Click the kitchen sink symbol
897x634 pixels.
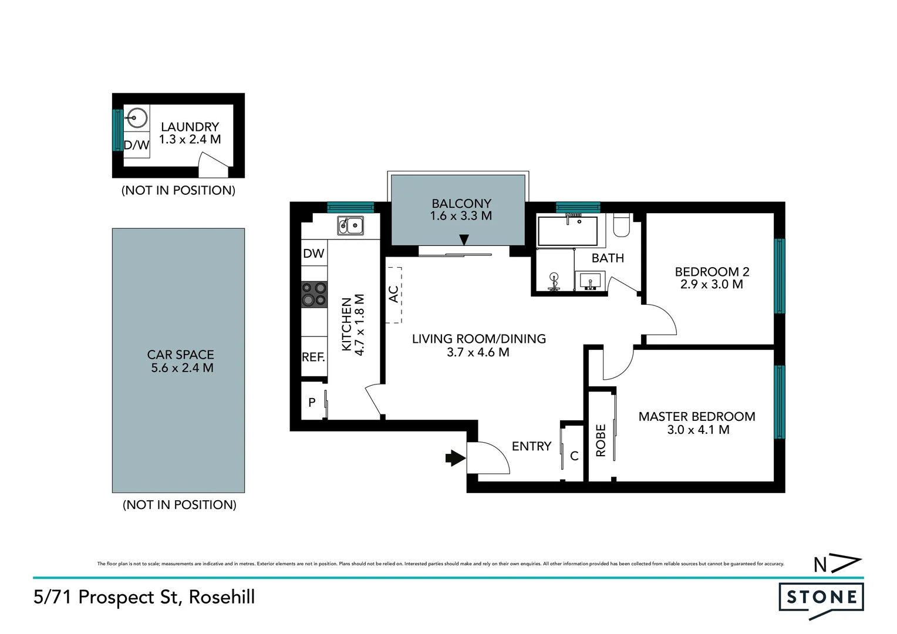pos(350,225)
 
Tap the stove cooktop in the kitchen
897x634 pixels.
pos(314,294)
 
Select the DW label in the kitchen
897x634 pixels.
pos(313,254)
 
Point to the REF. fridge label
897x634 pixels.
pos(313,357)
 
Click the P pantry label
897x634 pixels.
pos(312,402)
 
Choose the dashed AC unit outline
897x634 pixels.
pos(394,295)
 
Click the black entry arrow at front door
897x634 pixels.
pos(455,458)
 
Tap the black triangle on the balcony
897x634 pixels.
pos(464,240)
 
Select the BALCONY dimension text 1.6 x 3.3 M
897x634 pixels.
pos(461,216)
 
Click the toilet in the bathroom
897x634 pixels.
pos(621,225)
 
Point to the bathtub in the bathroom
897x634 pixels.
pos(568,231)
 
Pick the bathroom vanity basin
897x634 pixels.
pos(590,281)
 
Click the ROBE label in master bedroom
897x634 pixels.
pos(601,440)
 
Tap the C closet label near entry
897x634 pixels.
pos(574,456)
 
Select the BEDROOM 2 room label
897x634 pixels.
pos(711,272)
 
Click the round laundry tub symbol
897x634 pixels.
pos(137,118)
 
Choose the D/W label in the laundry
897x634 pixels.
pos(136,145)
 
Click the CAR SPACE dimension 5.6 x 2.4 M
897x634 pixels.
pos(182,368)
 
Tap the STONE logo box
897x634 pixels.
pos(821,598)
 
